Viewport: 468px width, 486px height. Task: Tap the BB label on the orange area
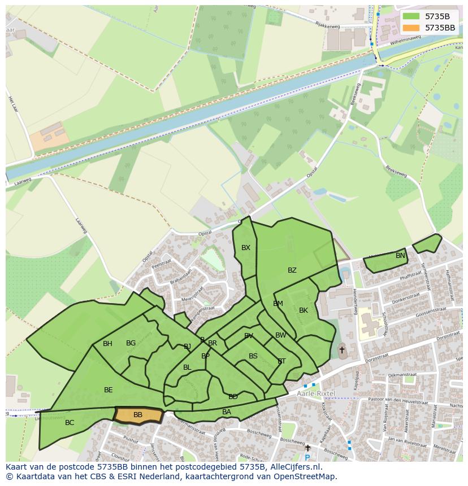point(138,415)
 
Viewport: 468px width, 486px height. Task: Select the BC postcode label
point(70,423)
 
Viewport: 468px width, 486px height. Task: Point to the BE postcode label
point(109,390)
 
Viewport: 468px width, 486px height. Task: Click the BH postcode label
point(107,344)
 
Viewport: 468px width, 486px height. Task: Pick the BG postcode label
point(131,343)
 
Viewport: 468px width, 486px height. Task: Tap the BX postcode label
point(246,248)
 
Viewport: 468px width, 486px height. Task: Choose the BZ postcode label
point(292,270)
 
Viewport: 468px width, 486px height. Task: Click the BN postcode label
point(400,256)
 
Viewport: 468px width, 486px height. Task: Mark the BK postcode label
point(304,310)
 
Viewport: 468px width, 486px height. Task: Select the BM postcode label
point(278,304)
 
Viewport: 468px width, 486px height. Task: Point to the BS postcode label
point(253,356)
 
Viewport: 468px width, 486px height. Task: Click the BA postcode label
point(227,412)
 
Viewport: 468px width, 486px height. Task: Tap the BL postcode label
point(187,367)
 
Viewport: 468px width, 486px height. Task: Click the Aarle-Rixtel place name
point(316,393)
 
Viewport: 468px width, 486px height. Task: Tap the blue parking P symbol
point(307,458)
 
